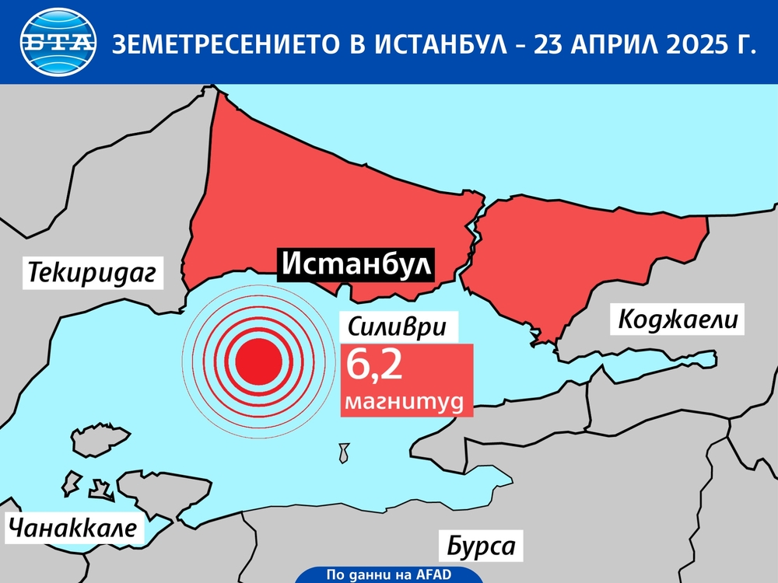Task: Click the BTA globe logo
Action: point(59,43)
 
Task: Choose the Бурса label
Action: point(481,545)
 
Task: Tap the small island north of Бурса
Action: point(343,452)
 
